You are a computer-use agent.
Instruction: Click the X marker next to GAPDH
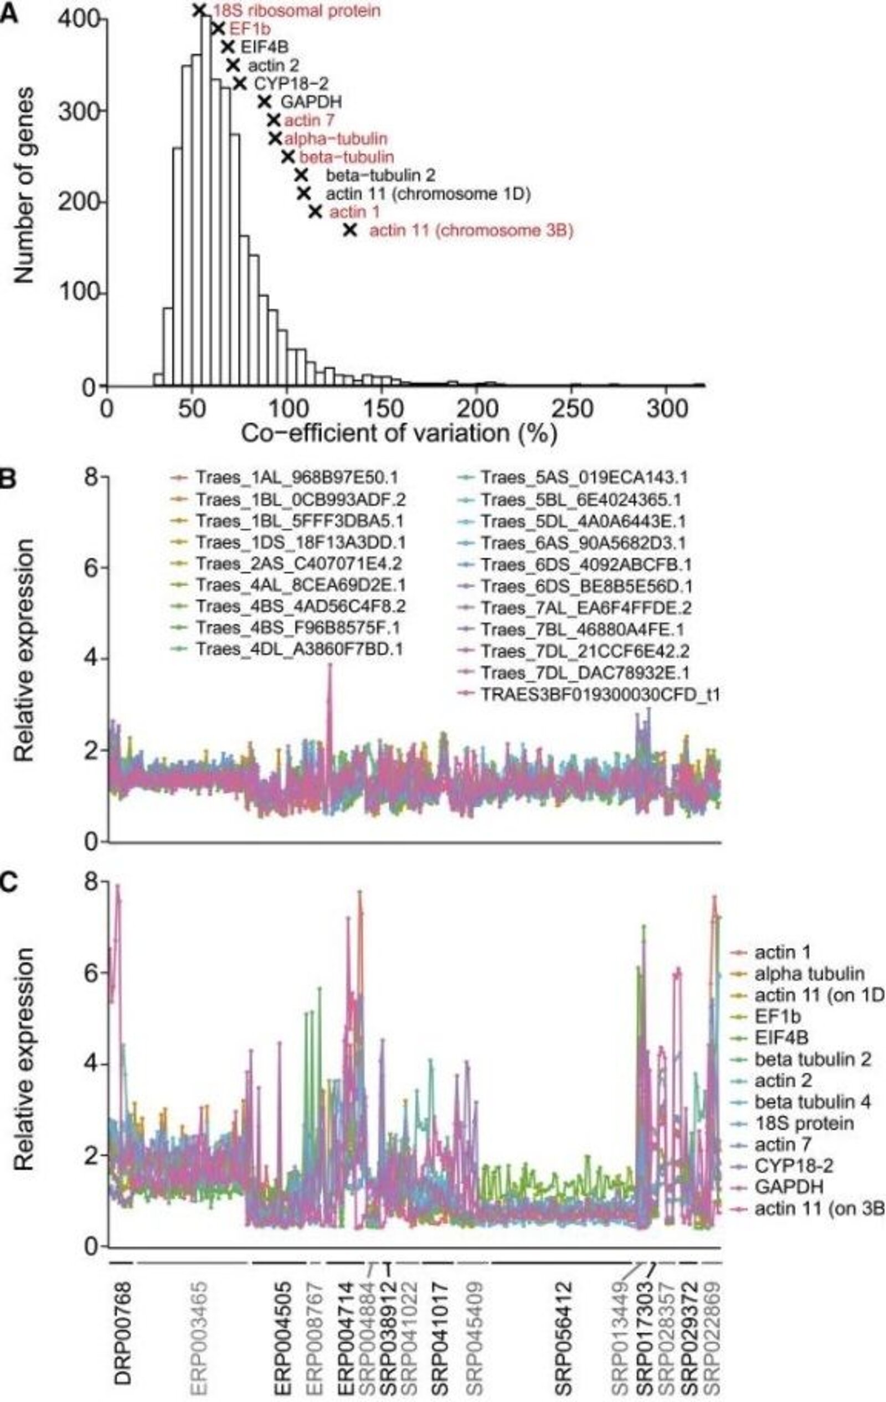[x=265, y=102]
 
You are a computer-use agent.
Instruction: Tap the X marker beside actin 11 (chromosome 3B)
[x=349, y=230]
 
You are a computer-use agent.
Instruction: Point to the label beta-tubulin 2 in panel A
[x=380, y=175]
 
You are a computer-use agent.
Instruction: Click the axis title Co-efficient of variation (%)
[x=399, y=435]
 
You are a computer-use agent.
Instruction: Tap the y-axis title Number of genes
[x=24, y=187]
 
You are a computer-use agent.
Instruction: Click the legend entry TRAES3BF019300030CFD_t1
[x=600, y=695]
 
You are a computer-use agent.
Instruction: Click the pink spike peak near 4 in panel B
[x=330, y=665]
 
